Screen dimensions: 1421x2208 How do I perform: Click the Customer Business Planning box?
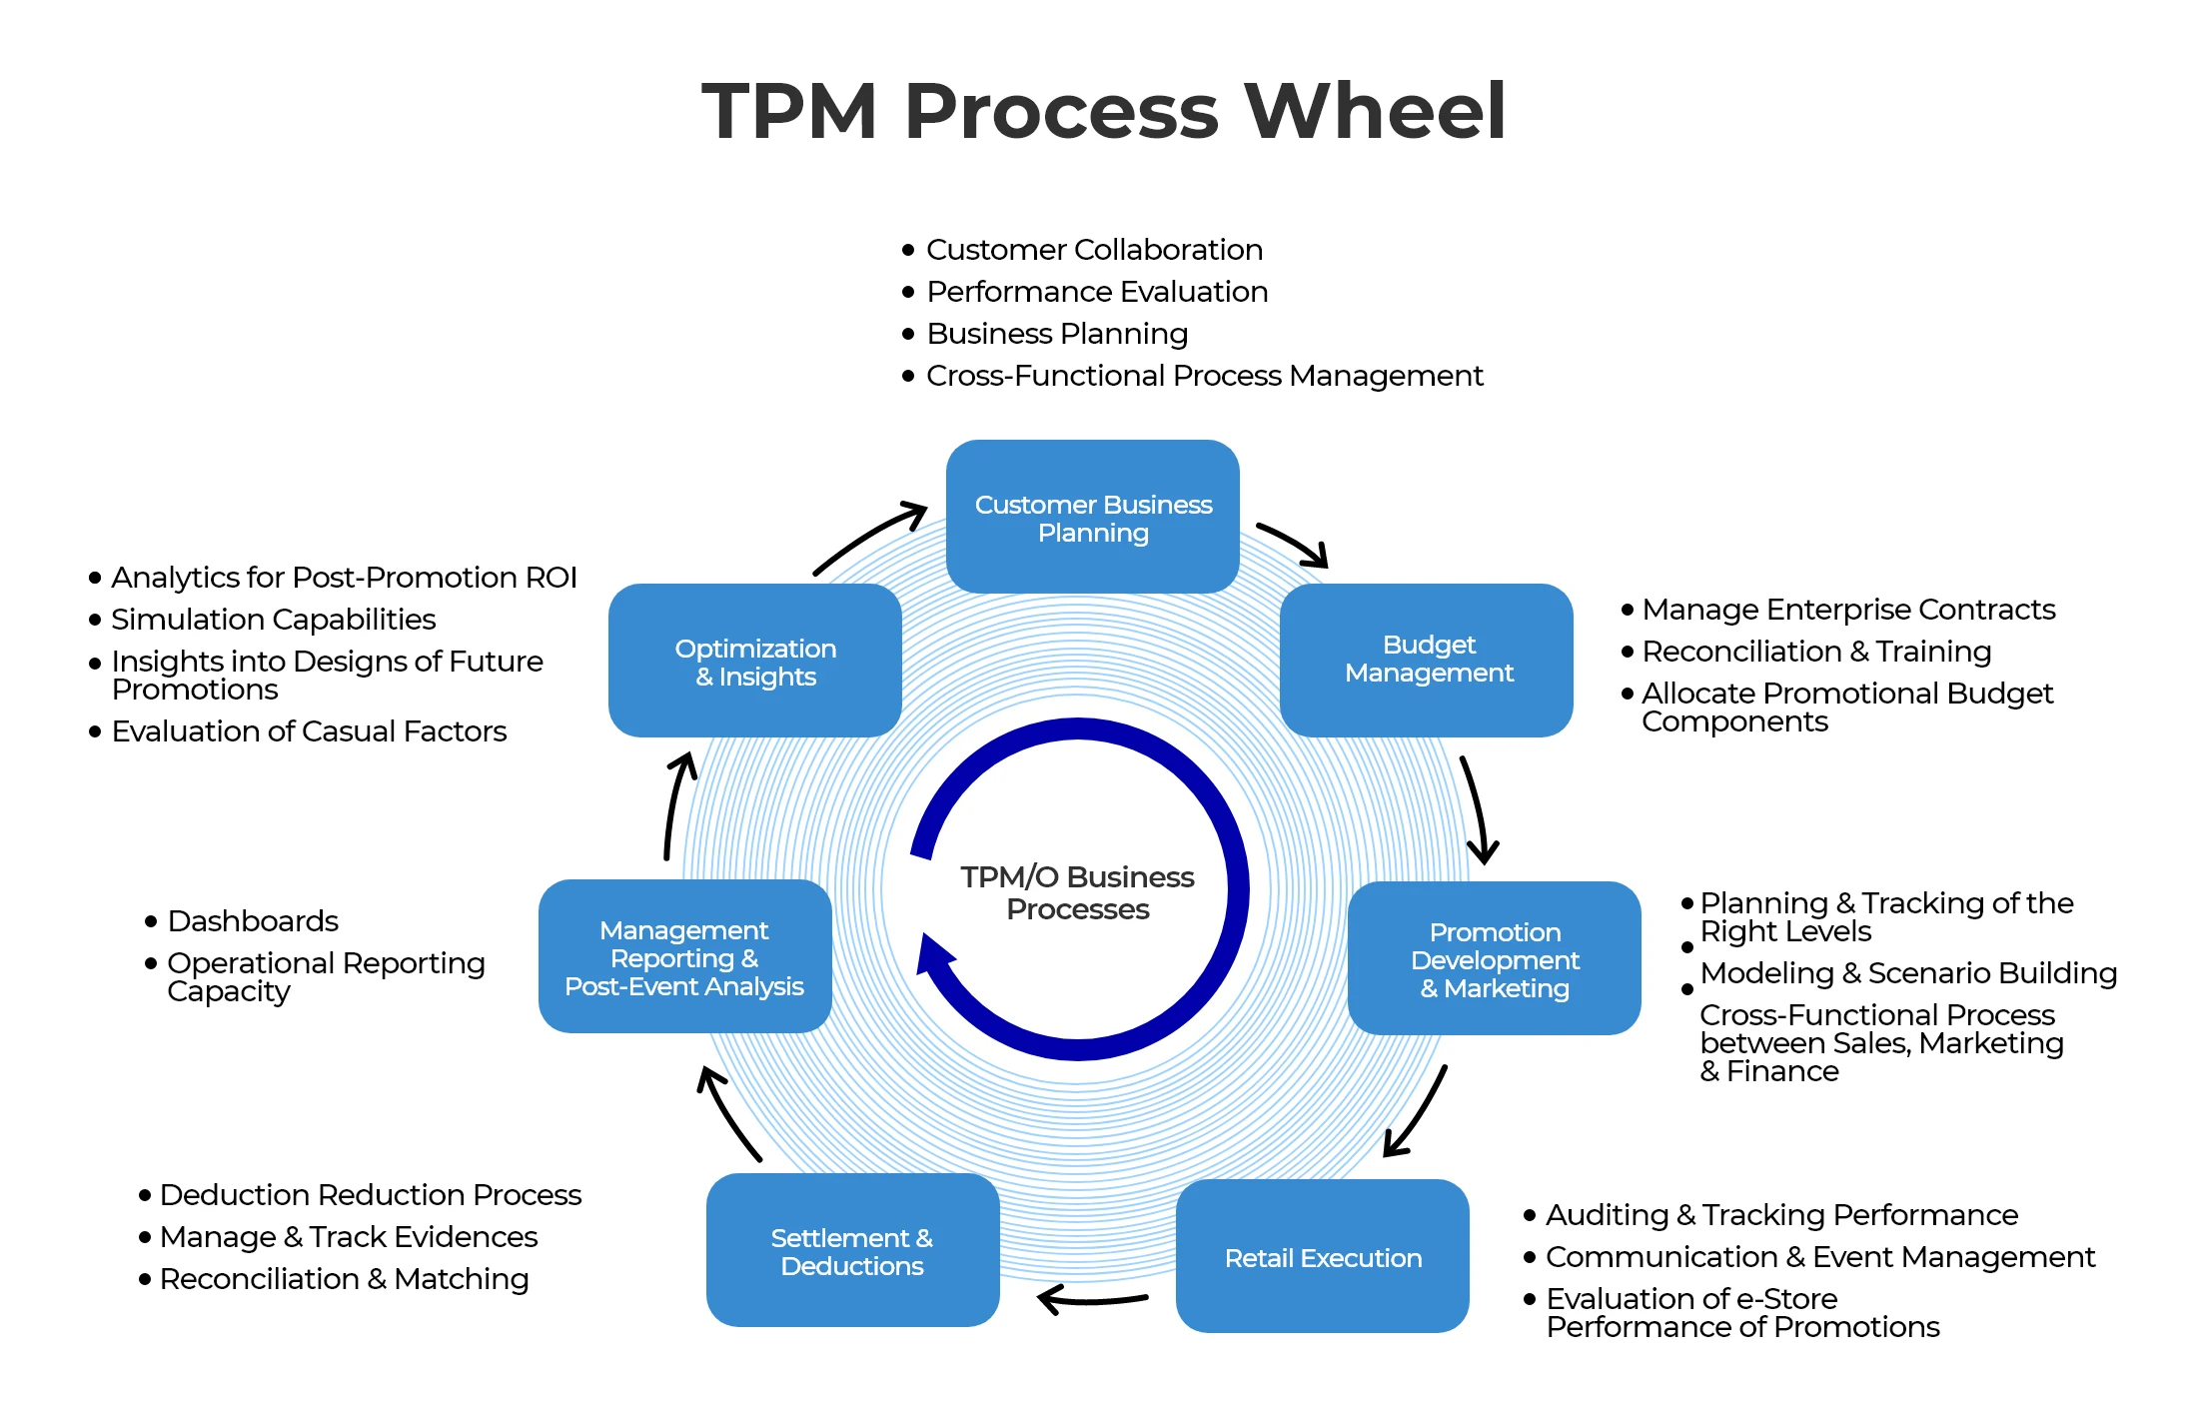[1092, 517]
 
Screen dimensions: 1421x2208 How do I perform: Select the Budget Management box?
[1426, 660]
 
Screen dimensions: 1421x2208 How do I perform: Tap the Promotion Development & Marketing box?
[1494, 958]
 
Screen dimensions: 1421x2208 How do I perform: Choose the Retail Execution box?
[1322, 1256]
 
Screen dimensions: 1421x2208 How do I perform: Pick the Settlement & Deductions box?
[852, 1250]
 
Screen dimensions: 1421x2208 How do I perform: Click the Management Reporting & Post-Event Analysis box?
[684, 956]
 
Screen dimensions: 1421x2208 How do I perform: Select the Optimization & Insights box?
[754, 661]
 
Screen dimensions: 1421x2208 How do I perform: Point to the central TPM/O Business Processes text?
[1077, 892]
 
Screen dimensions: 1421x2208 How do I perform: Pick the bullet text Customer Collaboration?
[1093, 249]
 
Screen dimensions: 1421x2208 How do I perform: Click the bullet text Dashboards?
[252, 920]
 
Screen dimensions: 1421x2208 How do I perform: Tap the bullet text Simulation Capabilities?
[273, 619]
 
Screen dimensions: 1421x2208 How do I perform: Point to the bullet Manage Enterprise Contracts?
[1847, 609]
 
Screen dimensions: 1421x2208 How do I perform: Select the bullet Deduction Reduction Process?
[370, 1194]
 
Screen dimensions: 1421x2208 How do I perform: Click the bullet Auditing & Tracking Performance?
[1780, 1214]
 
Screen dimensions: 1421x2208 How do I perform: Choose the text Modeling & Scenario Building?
[1907, 972]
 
